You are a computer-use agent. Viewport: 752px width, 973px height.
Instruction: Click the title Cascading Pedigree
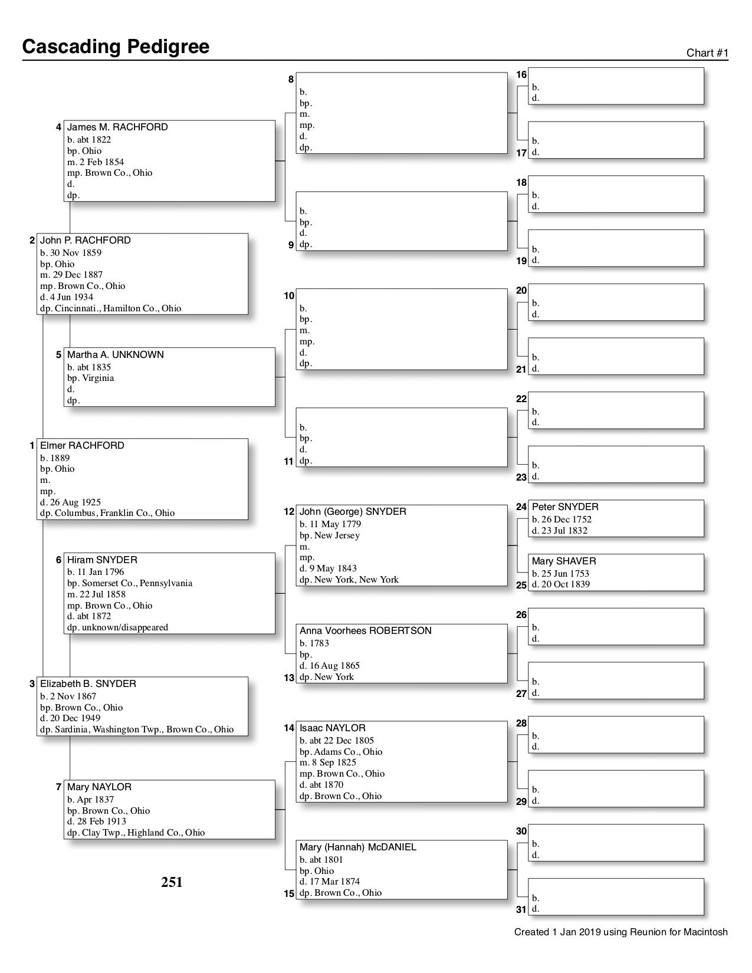point(116,47)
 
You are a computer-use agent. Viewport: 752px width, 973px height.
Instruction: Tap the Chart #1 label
point(707,53)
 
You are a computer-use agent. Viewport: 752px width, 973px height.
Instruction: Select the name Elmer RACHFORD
point(82,446)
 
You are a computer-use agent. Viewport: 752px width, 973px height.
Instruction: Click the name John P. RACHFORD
point(85,241)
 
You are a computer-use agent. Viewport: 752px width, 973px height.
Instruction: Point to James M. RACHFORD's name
point(117,127)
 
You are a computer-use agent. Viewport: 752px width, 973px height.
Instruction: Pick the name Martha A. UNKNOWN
point(115,355)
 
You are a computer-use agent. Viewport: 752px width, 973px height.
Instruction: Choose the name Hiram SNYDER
point(102,560)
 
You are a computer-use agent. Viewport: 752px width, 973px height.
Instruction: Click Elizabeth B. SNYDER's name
point(88,684)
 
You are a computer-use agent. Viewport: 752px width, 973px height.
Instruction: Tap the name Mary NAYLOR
point(99,787)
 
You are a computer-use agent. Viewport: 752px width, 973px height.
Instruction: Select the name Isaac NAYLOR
point(332,728)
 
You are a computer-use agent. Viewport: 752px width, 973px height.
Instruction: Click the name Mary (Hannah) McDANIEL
point(357,847)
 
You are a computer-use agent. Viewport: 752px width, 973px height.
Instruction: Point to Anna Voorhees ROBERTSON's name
point(365,631)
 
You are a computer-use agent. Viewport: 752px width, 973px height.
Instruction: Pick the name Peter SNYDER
point(564,507)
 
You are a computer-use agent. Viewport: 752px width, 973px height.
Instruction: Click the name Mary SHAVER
point(563,561)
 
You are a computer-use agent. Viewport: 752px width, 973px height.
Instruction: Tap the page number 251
point(172,882)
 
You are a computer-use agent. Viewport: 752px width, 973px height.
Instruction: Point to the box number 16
point(521,75)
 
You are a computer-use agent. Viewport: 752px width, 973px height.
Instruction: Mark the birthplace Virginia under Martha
point(98,378)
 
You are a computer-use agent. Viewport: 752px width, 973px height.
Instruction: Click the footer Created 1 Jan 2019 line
point(620,932)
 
